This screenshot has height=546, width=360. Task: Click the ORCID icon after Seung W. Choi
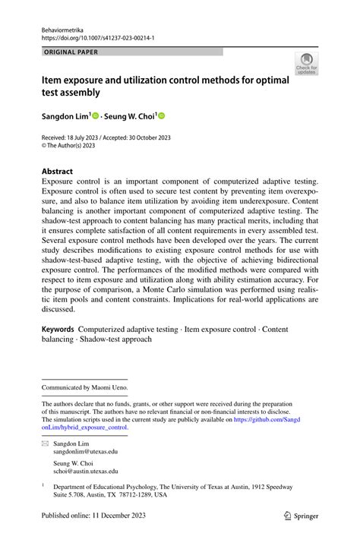coord(161,116)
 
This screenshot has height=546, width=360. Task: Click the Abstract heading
coord(58,172)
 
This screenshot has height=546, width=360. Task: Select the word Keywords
coord(58,329)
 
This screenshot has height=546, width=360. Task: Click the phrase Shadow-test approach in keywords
coord(112,339)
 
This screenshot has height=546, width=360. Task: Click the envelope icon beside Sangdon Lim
coord(45,442)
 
